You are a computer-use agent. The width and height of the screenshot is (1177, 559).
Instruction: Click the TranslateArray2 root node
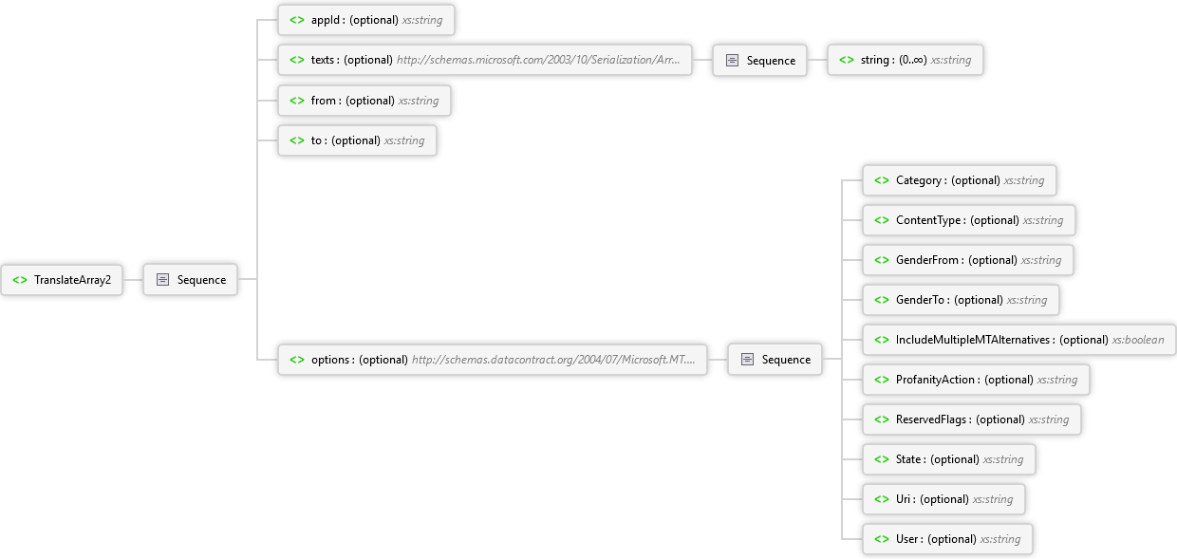pos(62,280)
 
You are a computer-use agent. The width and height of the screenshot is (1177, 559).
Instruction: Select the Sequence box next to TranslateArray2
pos(190,280)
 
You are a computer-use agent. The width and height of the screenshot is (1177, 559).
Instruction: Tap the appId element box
pos(366,20)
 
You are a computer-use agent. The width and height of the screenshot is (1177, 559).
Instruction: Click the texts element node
pos(484,60)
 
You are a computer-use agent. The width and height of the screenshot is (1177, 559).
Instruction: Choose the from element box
pos(364,101)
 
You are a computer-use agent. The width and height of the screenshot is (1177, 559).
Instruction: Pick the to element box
pos(357,140)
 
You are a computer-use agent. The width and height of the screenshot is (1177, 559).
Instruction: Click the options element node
pos(493,360)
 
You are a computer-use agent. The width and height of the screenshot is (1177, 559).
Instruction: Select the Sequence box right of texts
pos(759,61)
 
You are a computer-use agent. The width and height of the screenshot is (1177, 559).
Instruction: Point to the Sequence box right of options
pos(775,360)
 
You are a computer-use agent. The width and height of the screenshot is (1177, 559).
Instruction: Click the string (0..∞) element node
pos(906,60)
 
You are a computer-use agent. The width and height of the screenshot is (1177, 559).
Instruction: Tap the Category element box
pos(960,180)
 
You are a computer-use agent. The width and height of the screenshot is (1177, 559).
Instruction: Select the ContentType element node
pos(969,220)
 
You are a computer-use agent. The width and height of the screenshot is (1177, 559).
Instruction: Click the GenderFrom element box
pos(968,260)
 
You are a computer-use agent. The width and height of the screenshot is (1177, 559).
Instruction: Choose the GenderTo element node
pos(961,300)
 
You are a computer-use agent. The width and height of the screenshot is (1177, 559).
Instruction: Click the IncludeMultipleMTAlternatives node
pos(1019,340)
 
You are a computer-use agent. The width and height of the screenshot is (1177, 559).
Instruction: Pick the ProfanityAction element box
pos(977,380)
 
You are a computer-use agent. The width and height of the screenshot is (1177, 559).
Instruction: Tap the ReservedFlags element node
pos(972,419)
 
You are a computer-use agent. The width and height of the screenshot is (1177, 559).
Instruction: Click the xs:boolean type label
pos(1137,340)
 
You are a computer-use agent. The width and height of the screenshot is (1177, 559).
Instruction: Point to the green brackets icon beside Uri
pos(882,499)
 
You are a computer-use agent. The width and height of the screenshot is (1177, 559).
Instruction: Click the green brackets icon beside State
pos(882,459)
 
